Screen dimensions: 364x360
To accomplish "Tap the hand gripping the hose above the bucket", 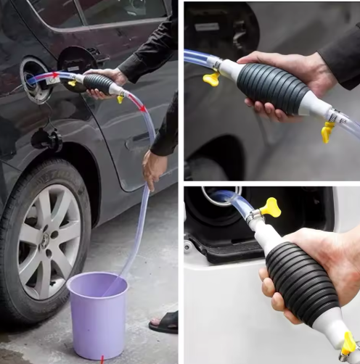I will [x=154, y=167].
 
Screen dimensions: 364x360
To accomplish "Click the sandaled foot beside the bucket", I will [x=165, y=322].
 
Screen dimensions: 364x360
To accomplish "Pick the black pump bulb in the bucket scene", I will [x=97, y=83].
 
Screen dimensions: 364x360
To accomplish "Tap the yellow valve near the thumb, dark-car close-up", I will [x=211, y=78].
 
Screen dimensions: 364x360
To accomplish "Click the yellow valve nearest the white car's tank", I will [x=271, y=210].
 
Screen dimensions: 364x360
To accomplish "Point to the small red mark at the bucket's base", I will [x=103, y=358].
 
